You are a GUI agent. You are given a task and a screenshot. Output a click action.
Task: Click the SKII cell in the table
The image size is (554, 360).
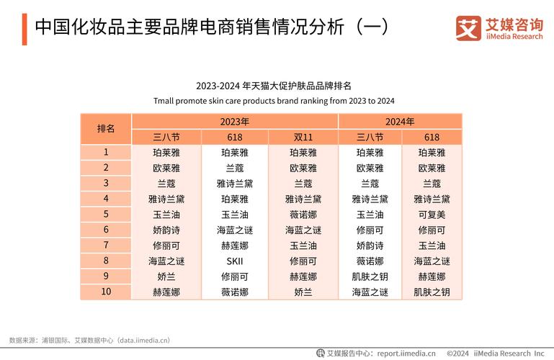pyautogui.click(x=234, y=261)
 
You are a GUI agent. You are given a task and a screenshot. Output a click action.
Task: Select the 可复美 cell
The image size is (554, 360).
pyautogui.click(x=432, y=214)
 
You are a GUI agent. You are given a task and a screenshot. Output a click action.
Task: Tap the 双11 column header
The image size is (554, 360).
pyautogui.click(x=303, y=137)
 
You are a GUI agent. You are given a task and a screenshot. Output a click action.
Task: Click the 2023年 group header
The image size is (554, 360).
pyautogui.click(x=234, y=121)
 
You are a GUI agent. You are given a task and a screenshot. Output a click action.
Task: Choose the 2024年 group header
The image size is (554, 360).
pyautogui.click(x=400, y=121)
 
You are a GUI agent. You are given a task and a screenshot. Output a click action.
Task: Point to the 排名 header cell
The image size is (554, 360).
pyautogui.click(x=106, y=129)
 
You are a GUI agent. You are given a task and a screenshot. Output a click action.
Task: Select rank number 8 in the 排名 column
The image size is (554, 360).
pyautogui.click(x=106, y=261)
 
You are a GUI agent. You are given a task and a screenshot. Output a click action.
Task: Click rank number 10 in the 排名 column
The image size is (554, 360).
pyautogui.click(x=106, y=292)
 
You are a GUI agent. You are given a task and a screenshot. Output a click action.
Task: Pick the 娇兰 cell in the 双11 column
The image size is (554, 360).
pyautogui.click(x=303, y=292)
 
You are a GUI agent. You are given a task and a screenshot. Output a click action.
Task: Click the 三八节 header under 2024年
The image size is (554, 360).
pyautogui.click(x=370, y=137)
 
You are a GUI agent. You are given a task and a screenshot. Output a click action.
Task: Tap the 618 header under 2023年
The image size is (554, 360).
pyautogui.click(x=234, y=137)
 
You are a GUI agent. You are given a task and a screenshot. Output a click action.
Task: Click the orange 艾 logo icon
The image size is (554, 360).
pyautogui.click(x=468, y=28)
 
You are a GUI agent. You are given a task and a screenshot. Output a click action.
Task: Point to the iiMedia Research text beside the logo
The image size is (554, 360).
pyautogui.click(x=514, y=36)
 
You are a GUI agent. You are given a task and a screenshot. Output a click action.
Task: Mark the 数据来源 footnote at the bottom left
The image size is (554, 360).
pyautogui.click(x=89, y=339)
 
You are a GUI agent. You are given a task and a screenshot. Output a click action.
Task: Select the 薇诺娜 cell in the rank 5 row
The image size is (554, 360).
pyautogui.click(x=303, y=214)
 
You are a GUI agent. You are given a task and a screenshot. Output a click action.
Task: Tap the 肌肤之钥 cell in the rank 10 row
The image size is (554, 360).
pyautogui.click(x=432, y=292)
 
